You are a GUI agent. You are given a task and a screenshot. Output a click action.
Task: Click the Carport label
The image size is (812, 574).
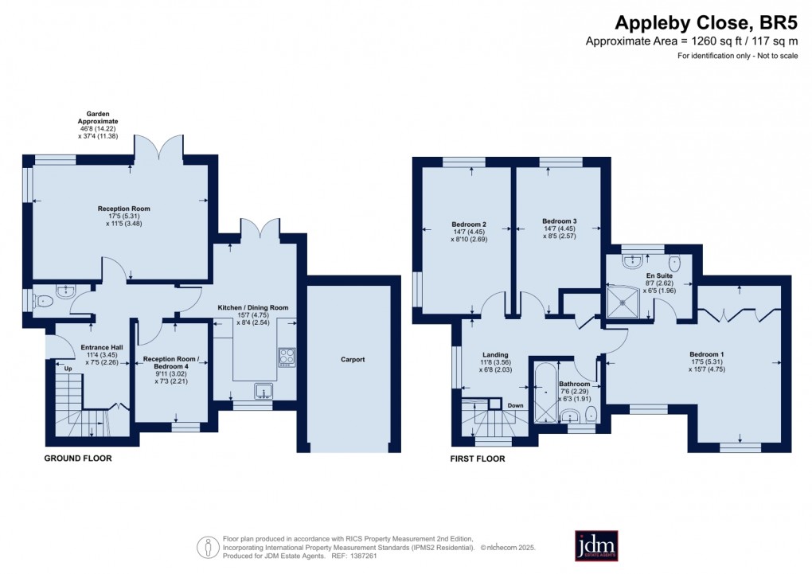point(353,359)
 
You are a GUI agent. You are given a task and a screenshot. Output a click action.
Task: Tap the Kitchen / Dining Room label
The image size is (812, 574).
point(252,307)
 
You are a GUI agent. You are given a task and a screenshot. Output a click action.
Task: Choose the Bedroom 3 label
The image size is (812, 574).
point(559,221)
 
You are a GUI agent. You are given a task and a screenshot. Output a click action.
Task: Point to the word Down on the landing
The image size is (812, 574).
point(515,405)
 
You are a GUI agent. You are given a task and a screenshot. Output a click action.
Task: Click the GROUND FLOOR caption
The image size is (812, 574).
point(77,459)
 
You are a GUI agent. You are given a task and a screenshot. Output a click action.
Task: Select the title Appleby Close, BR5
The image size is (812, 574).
point(712,24)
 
